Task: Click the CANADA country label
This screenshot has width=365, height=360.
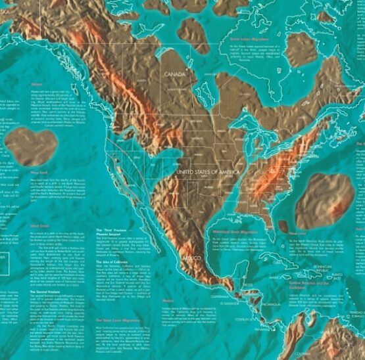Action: click(175, 74)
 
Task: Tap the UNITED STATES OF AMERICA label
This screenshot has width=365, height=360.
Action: click(207, 171)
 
